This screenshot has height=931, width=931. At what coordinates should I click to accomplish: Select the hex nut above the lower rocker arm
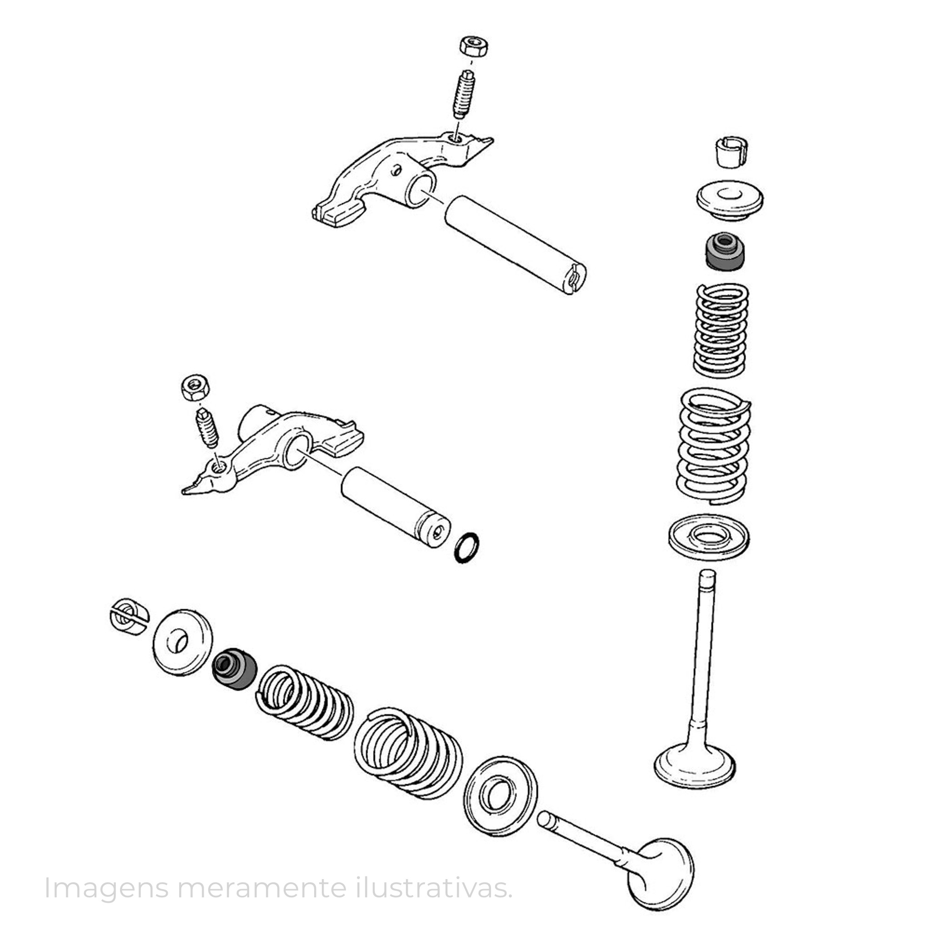(195, 387)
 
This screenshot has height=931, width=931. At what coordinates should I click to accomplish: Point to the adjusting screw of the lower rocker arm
(207, 428)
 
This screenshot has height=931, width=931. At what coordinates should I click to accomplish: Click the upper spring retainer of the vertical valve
(730, 200)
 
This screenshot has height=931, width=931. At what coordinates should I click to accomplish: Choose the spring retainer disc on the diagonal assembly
(183, 642)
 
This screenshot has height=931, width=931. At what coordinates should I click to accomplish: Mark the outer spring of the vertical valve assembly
(714, 446)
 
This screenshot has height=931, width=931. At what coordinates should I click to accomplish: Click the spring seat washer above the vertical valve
(709, 537)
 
